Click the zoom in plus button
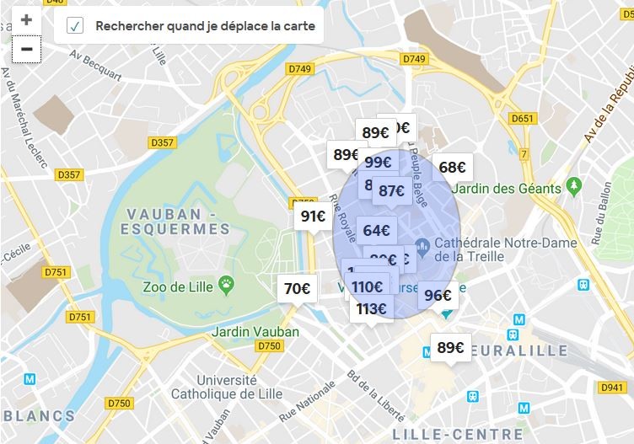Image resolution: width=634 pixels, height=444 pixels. (26, 20)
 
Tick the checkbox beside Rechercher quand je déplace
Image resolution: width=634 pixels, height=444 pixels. (75, 26)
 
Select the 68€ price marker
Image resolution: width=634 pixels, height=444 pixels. (453, 167)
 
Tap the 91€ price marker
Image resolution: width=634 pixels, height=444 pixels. (313, 217)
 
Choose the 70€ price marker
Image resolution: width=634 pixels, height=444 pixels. (297, 289)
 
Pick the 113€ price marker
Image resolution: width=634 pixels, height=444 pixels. (371, 309)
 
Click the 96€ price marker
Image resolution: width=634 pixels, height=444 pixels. (438, 295)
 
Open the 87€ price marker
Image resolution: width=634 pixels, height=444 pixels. (392, 191)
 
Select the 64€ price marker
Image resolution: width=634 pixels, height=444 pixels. (376, 230)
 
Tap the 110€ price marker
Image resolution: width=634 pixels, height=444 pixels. (368, 286)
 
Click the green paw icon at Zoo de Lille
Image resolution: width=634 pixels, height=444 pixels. (226, 284)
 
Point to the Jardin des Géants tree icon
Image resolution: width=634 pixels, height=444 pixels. (574, 185)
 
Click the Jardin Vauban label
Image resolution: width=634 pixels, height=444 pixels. (255, 331)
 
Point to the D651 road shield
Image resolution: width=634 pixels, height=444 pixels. (523, 118)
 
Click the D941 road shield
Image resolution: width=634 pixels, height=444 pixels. (613, 388)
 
